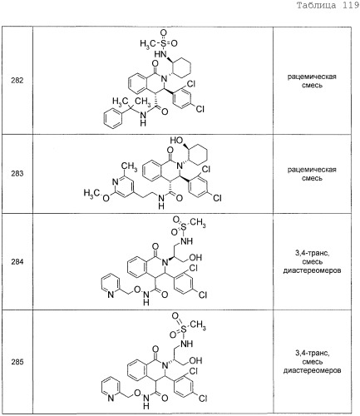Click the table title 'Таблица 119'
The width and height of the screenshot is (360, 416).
point(328,5)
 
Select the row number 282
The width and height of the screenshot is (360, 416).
point(17,81)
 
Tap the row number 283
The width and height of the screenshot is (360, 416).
point(17,174)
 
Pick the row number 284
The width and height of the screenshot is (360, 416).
point(17,261)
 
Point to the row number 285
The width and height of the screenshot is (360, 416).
point(17,362)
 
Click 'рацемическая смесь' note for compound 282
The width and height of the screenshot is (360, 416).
point(312,81)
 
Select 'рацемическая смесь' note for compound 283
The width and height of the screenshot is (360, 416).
point(312,174)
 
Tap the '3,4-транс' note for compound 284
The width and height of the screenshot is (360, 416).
point(312,253)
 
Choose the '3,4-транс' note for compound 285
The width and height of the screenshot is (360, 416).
point(312,354)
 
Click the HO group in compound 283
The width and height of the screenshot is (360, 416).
point(176,141)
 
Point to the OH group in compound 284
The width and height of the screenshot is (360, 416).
point(195,258)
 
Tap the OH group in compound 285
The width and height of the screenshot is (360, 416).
point(195,360)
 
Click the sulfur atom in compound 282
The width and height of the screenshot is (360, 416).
point(164,43)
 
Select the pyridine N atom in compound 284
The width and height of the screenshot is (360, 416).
point(111,295)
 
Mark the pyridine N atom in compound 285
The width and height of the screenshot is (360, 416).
point(111,398)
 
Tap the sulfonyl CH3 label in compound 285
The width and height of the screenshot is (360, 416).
point(198,324)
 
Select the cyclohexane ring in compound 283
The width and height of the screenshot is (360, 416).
point(198,155)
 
